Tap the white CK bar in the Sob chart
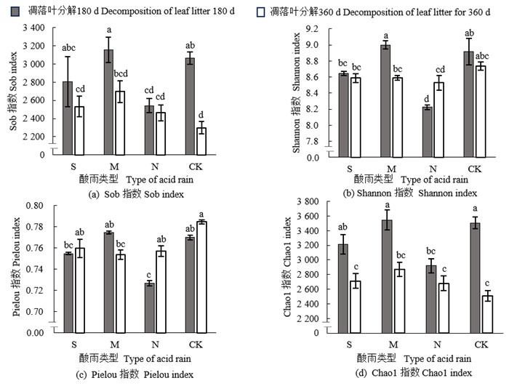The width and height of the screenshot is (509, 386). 200,141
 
